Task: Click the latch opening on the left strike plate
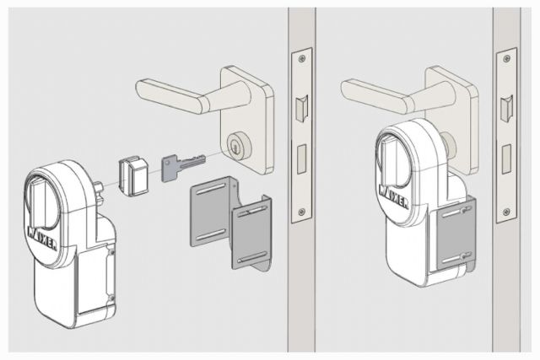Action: (301, 108)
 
